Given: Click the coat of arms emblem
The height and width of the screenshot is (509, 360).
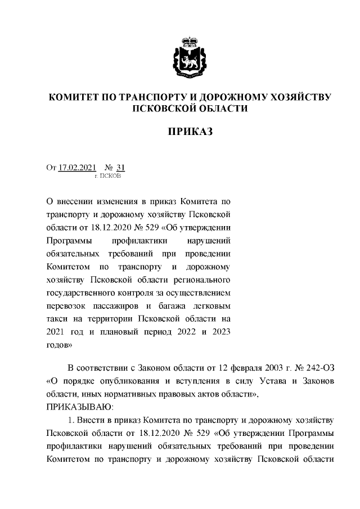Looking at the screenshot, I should [190, 57].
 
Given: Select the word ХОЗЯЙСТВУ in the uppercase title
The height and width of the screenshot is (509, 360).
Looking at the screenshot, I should [295, 97].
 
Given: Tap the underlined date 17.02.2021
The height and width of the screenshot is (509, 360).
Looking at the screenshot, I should [78, 168].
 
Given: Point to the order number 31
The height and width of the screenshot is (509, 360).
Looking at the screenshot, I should [119, 168].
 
